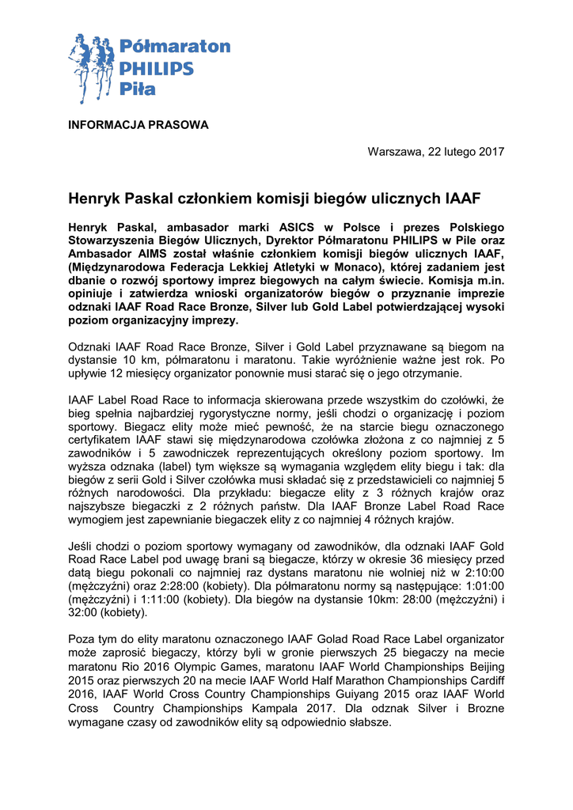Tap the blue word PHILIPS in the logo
[157, 68]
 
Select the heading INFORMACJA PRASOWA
[139, 125]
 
